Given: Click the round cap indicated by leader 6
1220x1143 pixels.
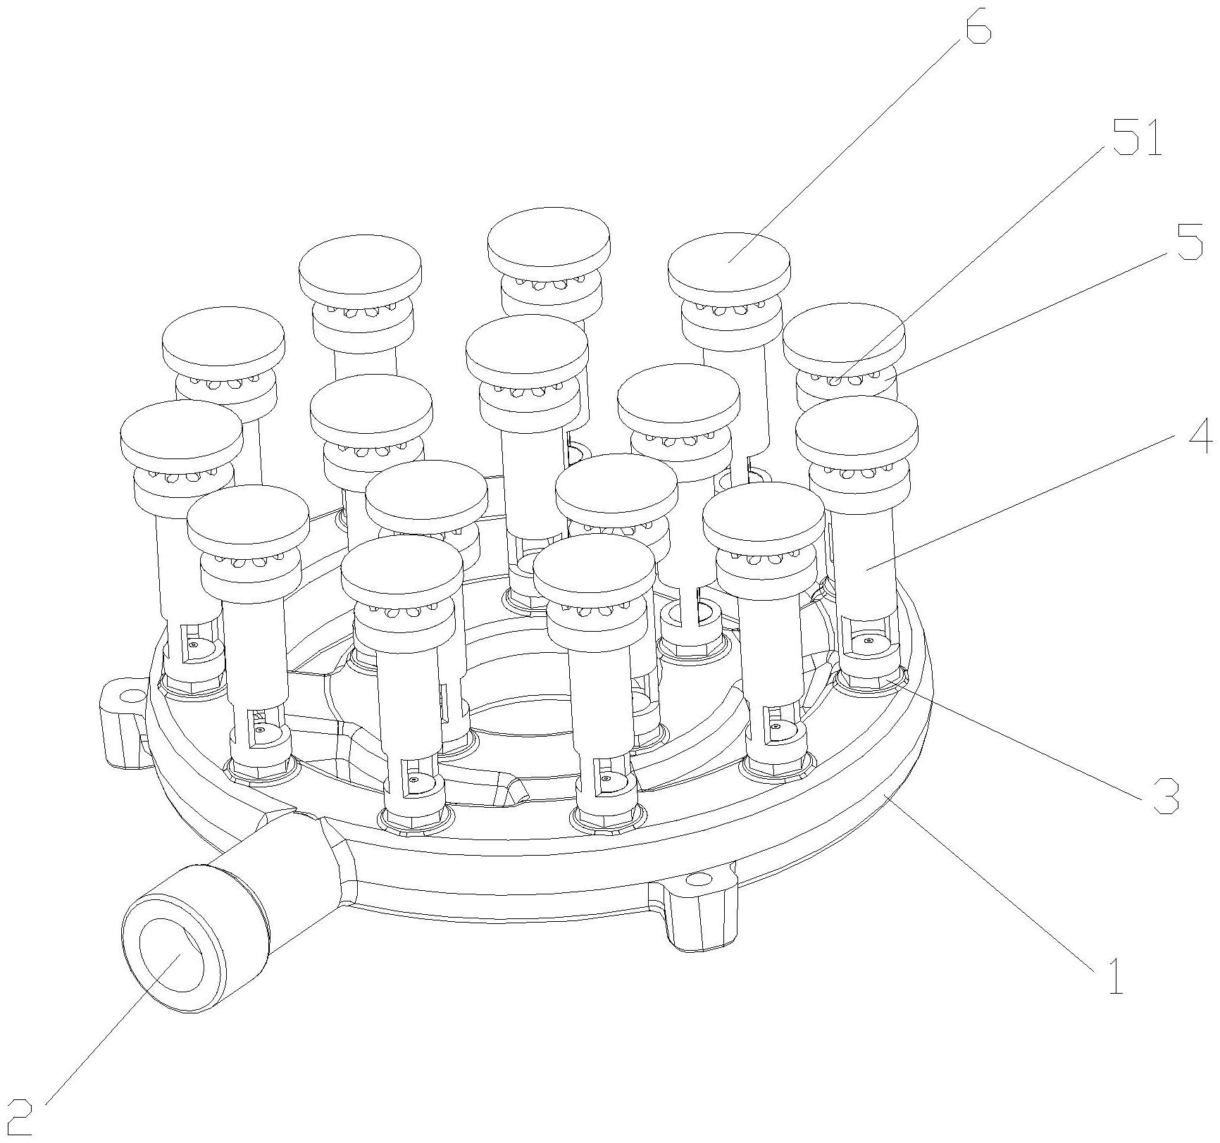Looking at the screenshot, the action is click(729, 261).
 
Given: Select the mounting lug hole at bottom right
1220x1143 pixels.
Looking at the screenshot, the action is click(700, 880).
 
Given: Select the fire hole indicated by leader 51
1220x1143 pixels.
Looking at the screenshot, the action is click(835, 381).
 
